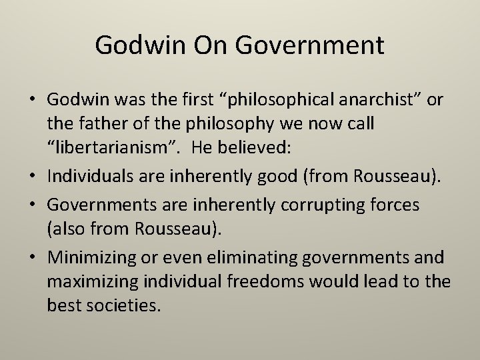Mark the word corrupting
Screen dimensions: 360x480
[313, 205]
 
